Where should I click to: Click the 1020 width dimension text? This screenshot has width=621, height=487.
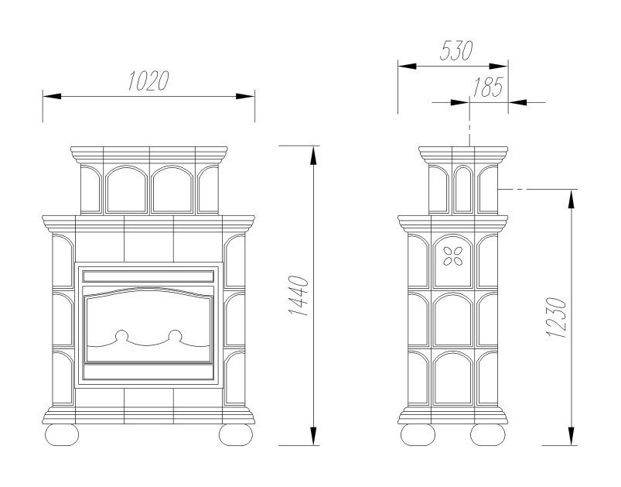tap(148, 81)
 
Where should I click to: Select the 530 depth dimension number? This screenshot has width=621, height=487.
tap(456, 52)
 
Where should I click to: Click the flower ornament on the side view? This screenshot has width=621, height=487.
tap(452, 255)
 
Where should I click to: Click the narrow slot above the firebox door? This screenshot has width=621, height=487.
tap(148, 276)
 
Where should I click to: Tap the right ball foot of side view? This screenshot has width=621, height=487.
tap(489, 434)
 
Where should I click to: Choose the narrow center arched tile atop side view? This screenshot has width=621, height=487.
tap(462, 188)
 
